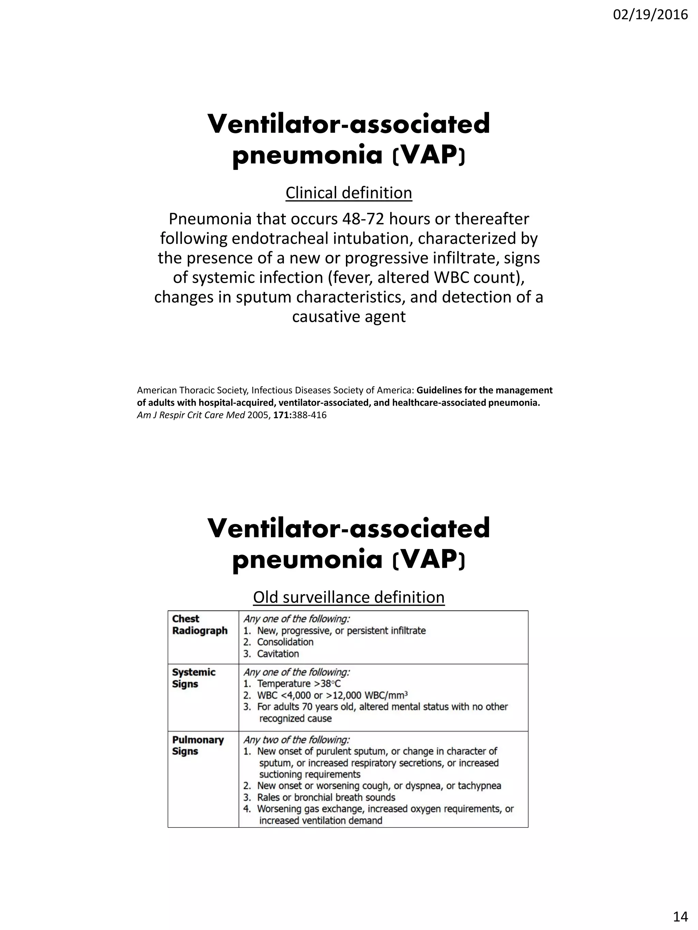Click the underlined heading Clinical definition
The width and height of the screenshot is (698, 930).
point(349,193)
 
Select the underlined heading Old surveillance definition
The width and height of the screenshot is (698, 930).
point(349,597)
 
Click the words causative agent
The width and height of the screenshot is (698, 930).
point(349,317)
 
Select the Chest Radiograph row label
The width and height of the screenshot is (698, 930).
point(199,625)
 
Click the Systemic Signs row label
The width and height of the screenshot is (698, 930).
point(194,678)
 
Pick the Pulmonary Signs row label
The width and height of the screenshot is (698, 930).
point(198,745)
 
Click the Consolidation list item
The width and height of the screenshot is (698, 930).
point(285,642)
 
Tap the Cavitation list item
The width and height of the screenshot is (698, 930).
point(278,654)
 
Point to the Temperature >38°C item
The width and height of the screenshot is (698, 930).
point(299,684)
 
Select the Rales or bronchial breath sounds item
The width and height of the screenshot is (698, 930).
point(326,798)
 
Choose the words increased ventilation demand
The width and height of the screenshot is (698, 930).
point(321,821)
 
